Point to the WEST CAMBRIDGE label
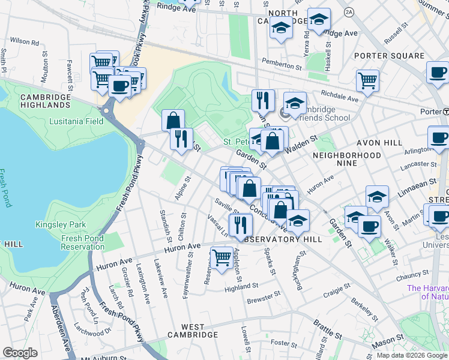[x=192, y=334]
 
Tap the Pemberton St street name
[x=282, y=64]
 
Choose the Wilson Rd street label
[x=24, y=42]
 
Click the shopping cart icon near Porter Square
[x=367, y=80]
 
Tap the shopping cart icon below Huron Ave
[x=221, y=258]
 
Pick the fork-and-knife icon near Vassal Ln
[x=240, y=224]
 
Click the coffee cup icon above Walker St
[x=369, y=226]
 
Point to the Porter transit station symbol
[x=445, y=112]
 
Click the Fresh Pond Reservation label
[x=83, y=242]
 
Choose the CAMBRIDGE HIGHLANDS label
[x=45, y=101]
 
